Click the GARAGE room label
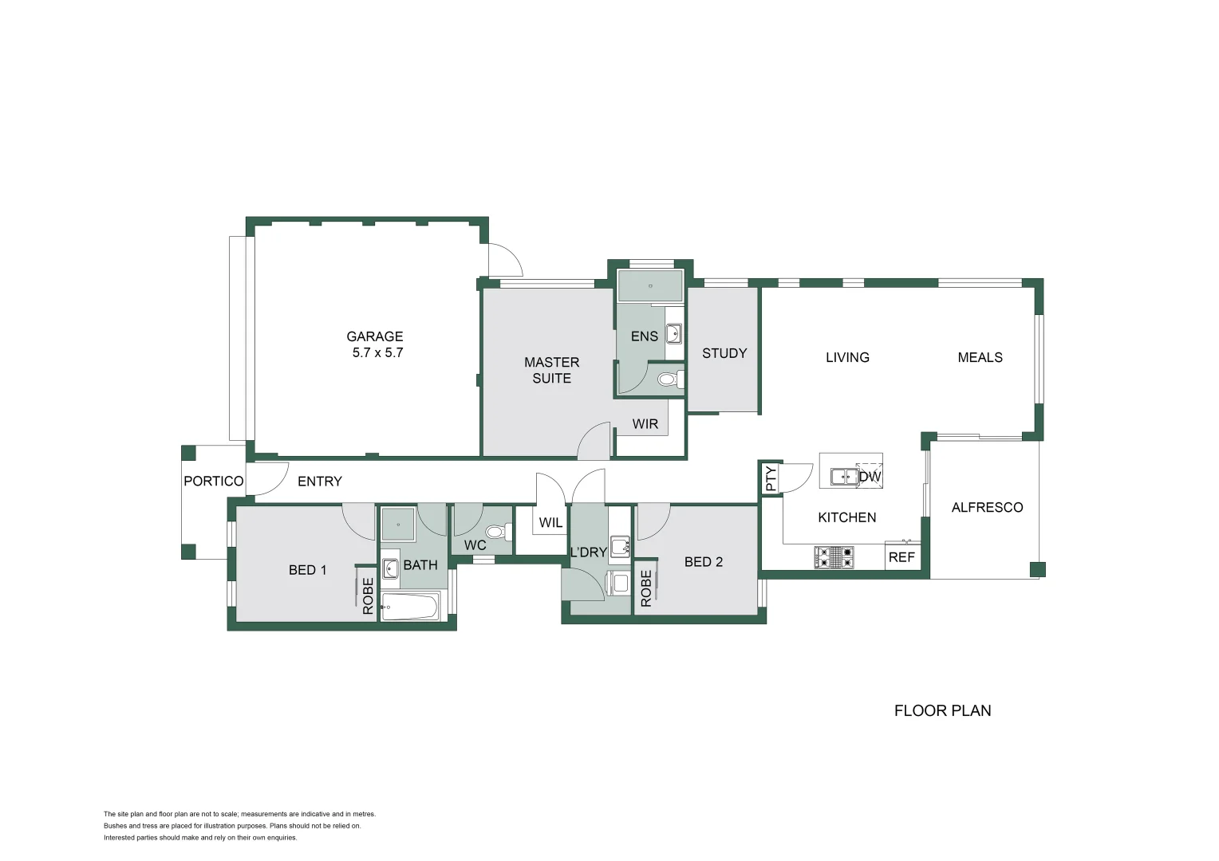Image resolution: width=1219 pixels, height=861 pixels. pyautogui.click(x=374, y=336)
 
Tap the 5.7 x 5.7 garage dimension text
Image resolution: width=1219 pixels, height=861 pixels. pyautogui.click(x=377, y=353)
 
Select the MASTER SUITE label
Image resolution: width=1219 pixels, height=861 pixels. pyautogui.click(x=551, y=370)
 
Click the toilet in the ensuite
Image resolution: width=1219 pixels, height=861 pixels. pyautogui.click(x=669, y=379)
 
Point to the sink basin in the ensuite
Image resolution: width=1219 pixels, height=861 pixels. pyautogui.click(x=673, y=333)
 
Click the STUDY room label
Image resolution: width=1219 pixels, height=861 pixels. pyautogui.click(x=724, y=353)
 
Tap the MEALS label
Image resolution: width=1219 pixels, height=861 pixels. pyautogui.click(x=980, y=357)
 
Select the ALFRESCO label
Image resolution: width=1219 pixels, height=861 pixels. pyautogui.click(x=987, y=507)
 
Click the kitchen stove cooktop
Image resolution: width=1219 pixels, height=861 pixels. pyautogui.click(x=834, y=557)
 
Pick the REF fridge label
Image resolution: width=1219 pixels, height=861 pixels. pyautogui.click(x=901, y=557)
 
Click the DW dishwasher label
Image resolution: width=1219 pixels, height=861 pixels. pyautogui.click(x=870, y=477)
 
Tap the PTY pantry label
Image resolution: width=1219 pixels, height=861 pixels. pyautogui.click(x=771, y=478)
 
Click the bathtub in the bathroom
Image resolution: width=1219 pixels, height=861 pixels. pyautogui.click(x=409, y=607)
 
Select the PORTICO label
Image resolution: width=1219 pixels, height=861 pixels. pyautogui.click(x=213, y=481)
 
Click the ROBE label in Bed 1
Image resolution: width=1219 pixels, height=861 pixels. pyautogui.click(x=368, y=596)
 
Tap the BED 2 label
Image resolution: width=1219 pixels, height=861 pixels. pyautogui.click(x=704, y=562)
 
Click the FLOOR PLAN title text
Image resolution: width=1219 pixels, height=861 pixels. pyautogui.click(x=942, y=710)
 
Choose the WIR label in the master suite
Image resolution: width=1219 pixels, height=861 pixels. pyautogui.click(x=645, y=424)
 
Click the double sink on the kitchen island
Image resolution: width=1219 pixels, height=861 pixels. pyautogui.click(x=844, y=477)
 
